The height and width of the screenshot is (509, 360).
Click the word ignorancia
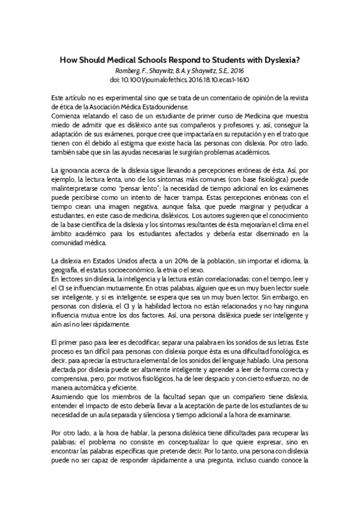[79, 172]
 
